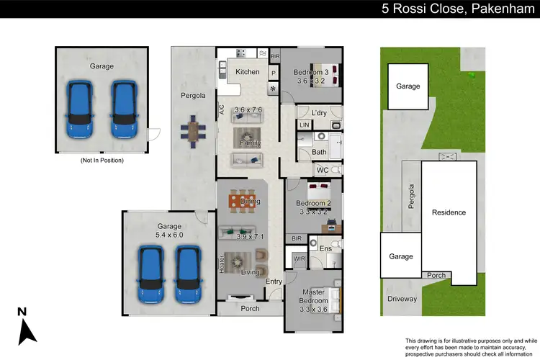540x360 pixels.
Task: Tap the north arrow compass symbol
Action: click(27, 326)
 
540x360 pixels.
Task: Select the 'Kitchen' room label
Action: click(247, 72)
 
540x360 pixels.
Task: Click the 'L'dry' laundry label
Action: click(320, 113)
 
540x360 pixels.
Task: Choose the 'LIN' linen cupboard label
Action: click(305, 125)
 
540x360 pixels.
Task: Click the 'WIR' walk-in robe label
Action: click(299, 258)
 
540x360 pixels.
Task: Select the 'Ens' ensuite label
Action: click(325, 249)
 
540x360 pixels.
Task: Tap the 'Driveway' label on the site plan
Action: click(401, 299)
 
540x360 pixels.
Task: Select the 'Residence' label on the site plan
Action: click(449, 212)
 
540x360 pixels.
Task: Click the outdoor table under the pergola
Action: click(193, 130)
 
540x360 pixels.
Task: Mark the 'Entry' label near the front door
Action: click(273, 282)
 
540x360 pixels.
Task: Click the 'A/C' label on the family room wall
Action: click(222, 110)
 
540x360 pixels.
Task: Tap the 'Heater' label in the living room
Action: click(222, 264)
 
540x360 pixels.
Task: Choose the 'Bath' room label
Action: click(319, 152)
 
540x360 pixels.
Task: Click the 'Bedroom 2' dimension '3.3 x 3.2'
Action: click(312, 212)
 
